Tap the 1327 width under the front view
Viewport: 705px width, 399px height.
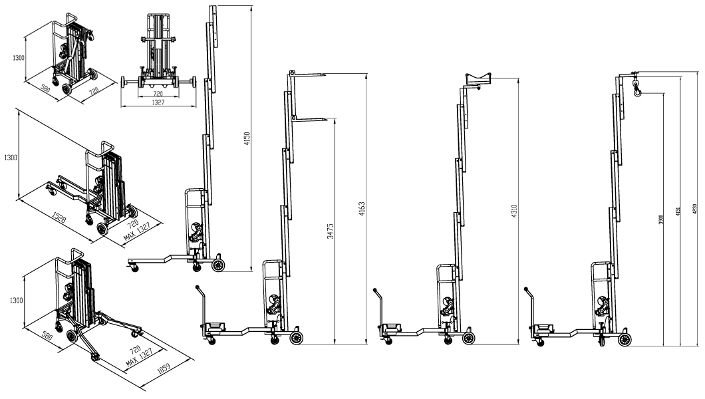tap(158, 103)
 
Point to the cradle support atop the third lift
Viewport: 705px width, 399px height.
tap(478, 80)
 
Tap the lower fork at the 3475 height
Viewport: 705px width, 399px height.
tap(315, 119)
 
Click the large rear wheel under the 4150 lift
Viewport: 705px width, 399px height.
tap(218, 265)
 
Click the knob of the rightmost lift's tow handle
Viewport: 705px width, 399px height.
tap(529, 290)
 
